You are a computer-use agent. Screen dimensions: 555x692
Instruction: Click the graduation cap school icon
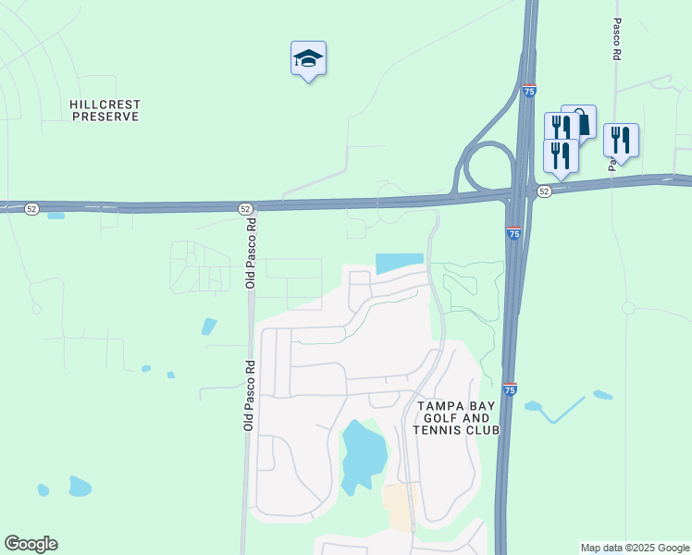coord(308,59)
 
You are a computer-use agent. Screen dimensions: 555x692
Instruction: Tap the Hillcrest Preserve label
coord(105,111)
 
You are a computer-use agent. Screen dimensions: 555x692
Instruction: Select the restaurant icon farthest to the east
coord(621,140)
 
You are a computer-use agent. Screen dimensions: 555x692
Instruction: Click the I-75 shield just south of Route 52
coord(513,234)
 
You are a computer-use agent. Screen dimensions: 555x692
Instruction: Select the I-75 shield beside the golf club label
coord(510,389)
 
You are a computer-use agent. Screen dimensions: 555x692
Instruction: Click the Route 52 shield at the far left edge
coord(32,210)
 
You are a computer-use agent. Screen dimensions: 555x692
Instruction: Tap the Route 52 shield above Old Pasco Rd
coord(245,209)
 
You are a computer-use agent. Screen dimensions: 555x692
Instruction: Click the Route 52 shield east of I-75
coord(544,191)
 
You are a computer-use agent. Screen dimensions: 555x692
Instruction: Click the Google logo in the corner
coord(31,544)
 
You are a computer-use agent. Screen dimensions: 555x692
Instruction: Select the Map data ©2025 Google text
coord(635,548)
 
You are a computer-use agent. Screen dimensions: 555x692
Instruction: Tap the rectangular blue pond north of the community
coord(400,263)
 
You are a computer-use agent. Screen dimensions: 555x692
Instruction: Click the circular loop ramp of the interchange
coord(486,168)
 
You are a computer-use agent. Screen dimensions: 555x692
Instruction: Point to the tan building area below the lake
coord(401,506)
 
